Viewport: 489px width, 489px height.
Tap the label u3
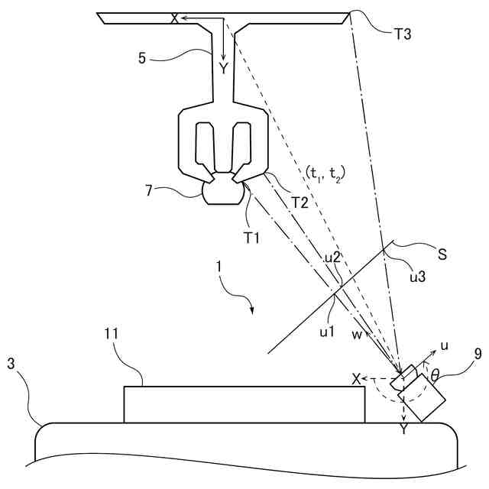(x=416, y=277)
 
